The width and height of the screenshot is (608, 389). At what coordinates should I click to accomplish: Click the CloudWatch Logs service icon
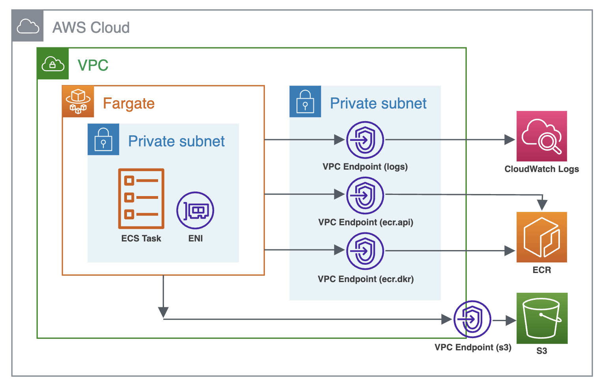(x=542, y=136)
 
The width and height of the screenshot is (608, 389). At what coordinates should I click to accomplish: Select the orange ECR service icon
(x=542, y=237)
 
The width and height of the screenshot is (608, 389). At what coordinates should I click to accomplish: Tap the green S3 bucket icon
(x=542, y=318)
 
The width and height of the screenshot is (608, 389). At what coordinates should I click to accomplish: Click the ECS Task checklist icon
(x=141, y=199)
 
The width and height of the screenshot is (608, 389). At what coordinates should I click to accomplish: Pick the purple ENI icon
(x=195, y=211)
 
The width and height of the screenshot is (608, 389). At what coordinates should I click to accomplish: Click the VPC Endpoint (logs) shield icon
(x=365, y=140)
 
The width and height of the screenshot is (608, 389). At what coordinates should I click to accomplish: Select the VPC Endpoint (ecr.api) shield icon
(x=365, y=195)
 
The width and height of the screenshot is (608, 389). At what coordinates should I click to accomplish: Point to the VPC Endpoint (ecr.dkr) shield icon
(x=365, y=251)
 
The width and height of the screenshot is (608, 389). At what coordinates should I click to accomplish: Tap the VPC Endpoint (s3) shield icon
(x=472, y=319)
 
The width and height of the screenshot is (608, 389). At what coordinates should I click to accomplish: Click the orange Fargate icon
(x=78, y=102)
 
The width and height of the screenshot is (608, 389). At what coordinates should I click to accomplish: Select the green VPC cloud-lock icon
(x=53, y=64)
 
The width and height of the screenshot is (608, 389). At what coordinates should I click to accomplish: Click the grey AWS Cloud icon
(x=28, y=26)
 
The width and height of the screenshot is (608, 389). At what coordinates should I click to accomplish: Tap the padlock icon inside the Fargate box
(x=103, y=139)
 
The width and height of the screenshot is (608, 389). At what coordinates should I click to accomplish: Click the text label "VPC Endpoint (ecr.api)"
(x=366, y=223)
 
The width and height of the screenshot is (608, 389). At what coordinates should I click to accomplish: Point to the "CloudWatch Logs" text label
(x=541, y=169)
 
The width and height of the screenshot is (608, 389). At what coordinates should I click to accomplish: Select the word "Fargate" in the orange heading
(x=129, y=103)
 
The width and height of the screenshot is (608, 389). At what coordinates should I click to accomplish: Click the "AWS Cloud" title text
(x=91, y=28)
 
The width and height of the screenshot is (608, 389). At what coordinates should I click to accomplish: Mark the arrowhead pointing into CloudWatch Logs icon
(x=509, y=140)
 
